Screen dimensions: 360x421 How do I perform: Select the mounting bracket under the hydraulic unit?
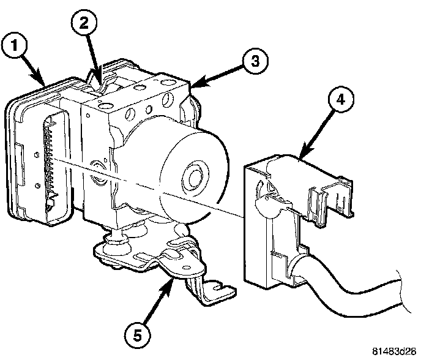pyautogui.click(x=153, y=257)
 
